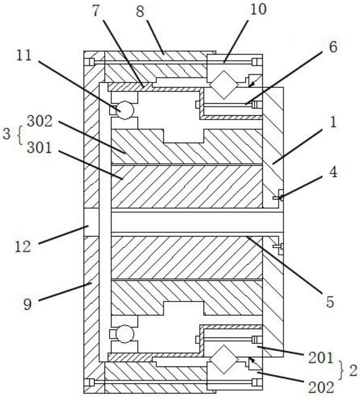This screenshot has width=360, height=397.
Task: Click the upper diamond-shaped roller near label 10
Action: [x=224, y=84]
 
